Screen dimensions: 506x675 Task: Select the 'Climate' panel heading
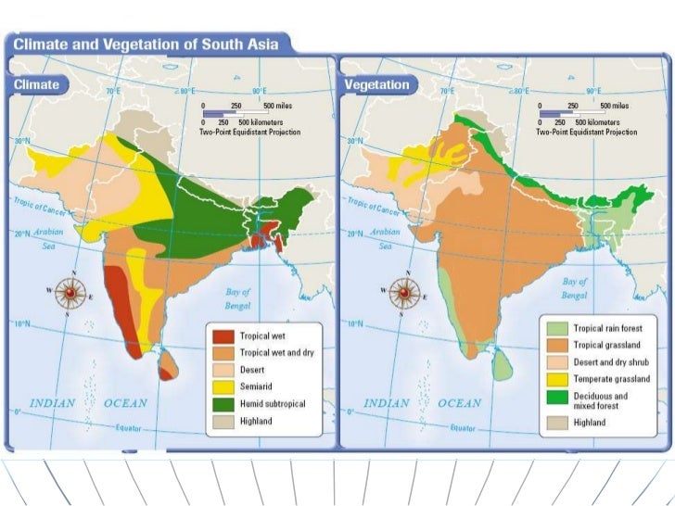pos(37,84)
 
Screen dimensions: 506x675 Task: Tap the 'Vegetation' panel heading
pos(376,84)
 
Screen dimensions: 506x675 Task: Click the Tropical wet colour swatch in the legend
pos(223,336)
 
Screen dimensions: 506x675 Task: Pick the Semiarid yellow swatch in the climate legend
pos(223,386)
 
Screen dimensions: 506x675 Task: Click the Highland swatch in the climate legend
pos(223,421)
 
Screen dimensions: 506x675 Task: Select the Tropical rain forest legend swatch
pos(556,328)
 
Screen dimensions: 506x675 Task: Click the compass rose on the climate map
pos(70,293)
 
